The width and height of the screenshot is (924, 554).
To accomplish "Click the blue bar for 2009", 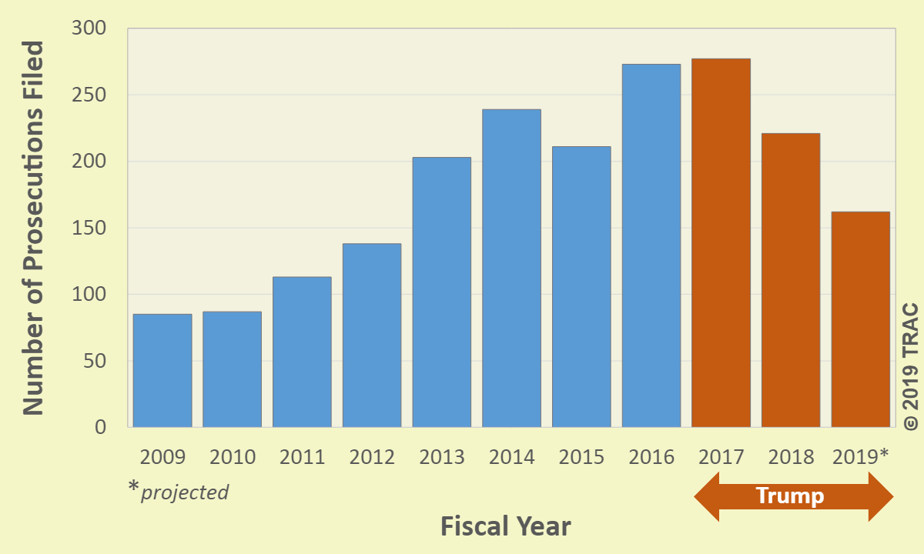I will [162, 370].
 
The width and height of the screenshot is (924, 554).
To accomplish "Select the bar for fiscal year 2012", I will [372, 335].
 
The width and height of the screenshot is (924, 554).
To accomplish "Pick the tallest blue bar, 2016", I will [651, 245].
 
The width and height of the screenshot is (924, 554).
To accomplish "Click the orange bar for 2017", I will [721, 242].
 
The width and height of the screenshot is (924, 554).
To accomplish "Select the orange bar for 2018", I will [791, 280].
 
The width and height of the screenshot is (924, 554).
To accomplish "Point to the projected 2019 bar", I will [861, 319].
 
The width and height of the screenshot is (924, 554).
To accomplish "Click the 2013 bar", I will [442, 292].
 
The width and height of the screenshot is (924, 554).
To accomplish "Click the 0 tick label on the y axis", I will [100, 427].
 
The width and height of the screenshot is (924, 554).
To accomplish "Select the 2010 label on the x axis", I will [233, 457].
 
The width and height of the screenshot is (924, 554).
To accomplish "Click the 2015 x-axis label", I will [581, 457].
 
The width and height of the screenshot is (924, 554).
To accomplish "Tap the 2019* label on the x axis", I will [861, 456].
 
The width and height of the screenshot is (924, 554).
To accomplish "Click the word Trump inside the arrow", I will [790, 496].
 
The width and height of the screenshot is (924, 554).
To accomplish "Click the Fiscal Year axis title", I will [506, 527].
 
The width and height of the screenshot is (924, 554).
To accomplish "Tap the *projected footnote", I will [179, 490].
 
